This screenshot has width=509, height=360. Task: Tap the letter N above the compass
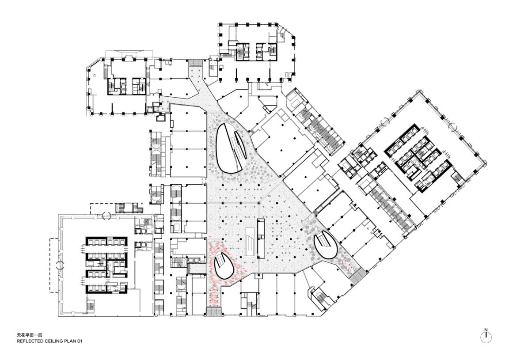click(486, 330)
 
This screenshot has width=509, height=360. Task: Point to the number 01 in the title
click(79, 341)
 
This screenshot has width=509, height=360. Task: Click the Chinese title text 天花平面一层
click(30, 335)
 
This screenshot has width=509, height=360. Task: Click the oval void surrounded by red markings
click(224, 265)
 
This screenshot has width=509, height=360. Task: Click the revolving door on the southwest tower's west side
click(59, 265)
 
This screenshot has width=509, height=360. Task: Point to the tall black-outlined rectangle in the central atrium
click(261, 238)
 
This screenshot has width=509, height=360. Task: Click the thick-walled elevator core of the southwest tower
click(106, 265)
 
